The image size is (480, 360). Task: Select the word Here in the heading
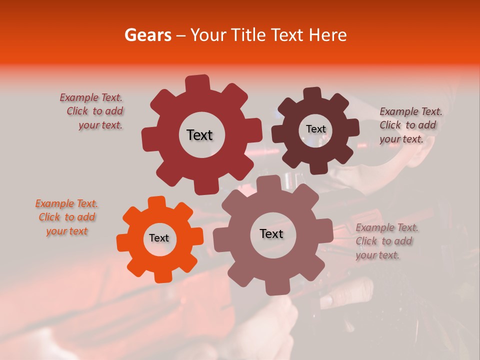click(x=328, y=35)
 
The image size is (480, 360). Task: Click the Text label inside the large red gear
click(x=199, y=135)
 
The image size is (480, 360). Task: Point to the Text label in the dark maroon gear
click(x=315, y=129)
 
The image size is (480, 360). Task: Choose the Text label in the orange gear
click(x=159, y=238)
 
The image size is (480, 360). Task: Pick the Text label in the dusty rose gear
click(x=271, y=233)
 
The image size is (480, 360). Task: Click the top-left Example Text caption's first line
click(x=91, y=98)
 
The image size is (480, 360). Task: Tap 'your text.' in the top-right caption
click(x=401, y=139)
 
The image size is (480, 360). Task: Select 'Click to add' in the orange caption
click(x=67, y=217)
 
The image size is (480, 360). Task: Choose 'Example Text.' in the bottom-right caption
click(x=387, y=228)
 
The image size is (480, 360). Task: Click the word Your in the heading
click(x=207, y=35)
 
